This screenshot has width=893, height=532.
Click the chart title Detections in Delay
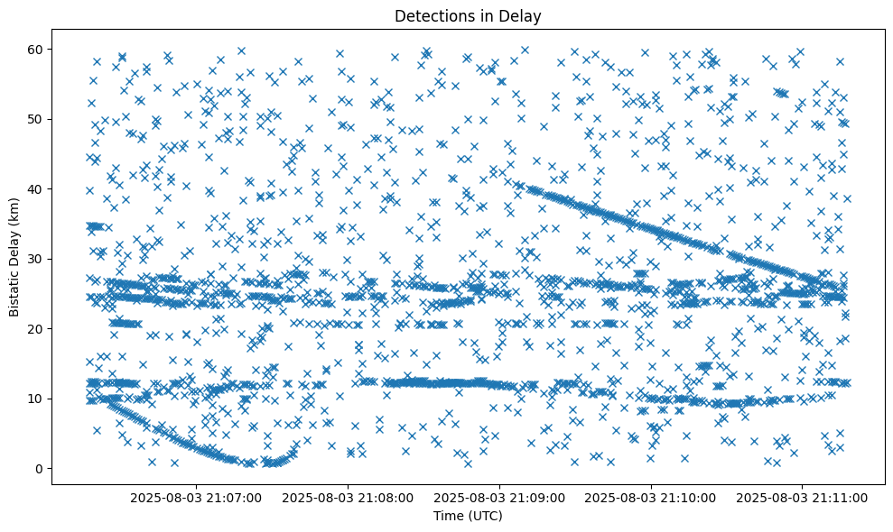[x=468, y=15]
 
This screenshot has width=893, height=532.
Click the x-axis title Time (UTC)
[x=468, y=516]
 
